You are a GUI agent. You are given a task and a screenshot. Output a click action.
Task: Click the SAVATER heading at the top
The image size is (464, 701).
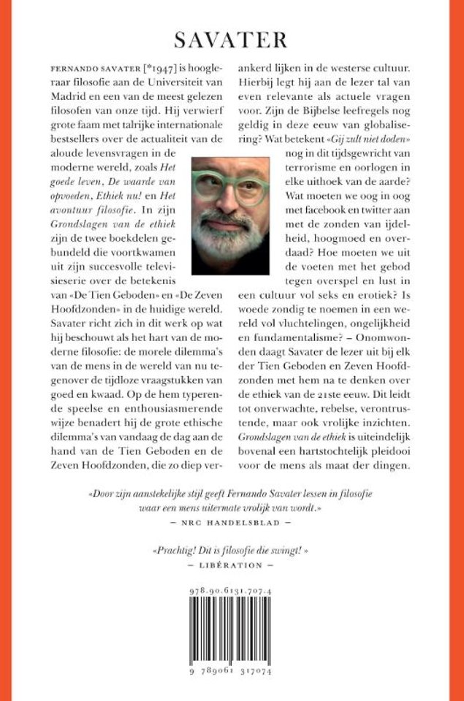point(232,40)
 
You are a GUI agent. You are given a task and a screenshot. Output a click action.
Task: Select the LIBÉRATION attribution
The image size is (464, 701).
point(232,565)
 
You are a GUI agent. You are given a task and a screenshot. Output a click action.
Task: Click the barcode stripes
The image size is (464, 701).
point(232,635)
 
